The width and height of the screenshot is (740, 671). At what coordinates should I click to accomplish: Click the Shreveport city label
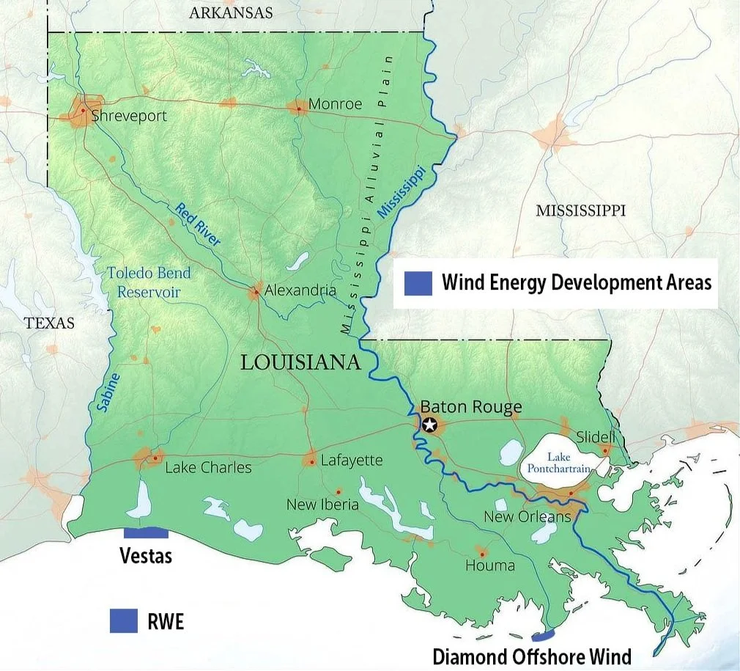[129, 116]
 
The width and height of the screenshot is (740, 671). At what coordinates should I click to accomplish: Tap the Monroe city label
[335, 104]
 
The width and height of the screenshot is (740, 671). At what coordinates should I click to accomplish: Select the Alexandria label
[300, 290]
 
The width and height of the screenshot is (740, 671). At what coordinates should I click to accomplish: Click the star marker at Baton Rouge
[429, 424]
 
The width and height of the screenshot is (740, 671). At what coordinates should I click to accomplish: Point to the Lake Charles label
[208, 467]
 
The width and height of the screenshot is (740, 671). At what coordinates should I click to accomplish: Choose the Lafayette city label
[352, 460]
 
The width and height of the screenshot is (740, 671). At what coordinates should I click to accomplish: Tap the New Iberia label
[322, 505]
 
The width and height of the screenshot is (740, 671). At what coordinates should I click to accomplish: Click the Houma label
[490, 565]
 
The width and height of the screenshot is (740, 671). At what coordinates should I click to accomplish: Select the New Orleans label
[527, 517]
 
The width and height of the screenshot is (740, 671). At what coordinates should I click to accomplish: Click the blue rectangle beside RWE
[124, 620]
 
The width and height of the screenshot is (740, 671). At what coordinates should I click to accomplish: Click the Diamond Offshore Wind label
[532, 656]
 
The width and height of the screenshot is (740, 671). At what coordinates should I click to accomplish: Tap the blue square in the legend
[418, 282]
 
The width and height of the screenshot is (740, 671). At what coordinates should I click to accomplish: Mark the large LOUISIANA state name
[301, 362]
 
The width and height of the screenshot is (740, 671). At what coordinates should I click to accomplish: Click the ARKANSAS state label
[230, 12]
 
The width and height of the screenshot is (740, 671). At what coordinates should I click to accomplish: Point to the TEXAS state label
[49, 323]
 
